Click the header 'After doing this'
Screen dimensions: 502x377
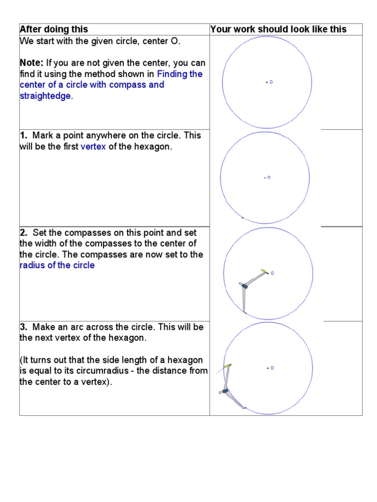click(x=54, y=29)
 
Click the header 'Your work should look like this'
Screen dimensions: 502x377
click(x=278, y=29)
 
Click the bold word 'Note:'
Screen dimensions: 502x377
click(x=31, y=63)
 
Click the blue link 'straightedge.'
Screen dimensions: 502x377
click(x=46, y=96)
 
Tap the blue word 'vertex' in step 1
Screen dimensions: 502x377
click(x=93, y=147)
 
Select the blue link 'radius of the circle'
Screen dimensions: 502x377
click(x=57, y=265)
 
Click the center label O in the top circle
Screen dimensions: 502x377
click(x=271, y=82)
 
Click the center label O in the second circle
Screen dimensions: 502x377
click(x=269, y=177)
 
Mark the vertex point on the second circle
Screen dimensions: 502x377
click(x=242, y=217)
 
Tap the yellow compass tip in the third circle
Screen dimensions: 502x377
click(x=264, y=271)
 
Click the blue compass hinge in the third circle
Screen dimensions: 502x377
click(x=243, y=286)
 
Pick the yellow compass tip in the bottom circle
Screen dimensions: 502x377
click(x=227, y=366)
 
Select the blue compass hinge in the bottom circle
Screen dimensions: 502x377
click(x=225, y=391)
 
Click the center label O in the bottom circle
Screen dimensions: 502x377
click(x=272, y=368)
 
